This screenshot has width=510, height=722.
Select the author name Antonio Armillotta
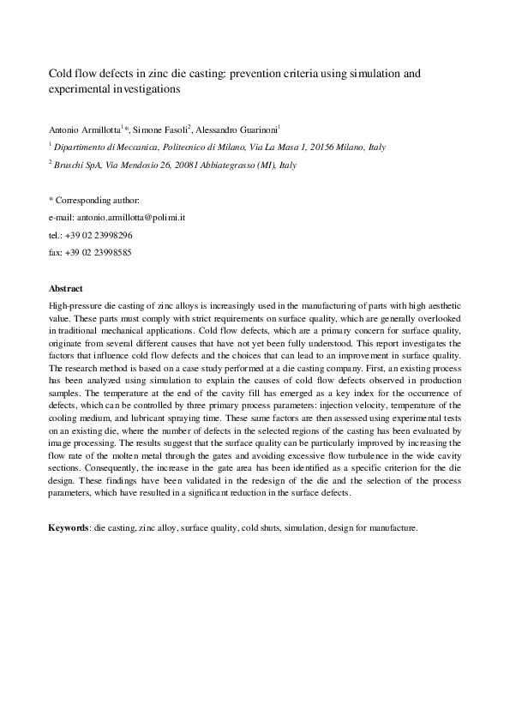[83, 129]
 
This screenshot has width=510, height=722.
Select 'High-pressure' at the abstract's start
[76, 306]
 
